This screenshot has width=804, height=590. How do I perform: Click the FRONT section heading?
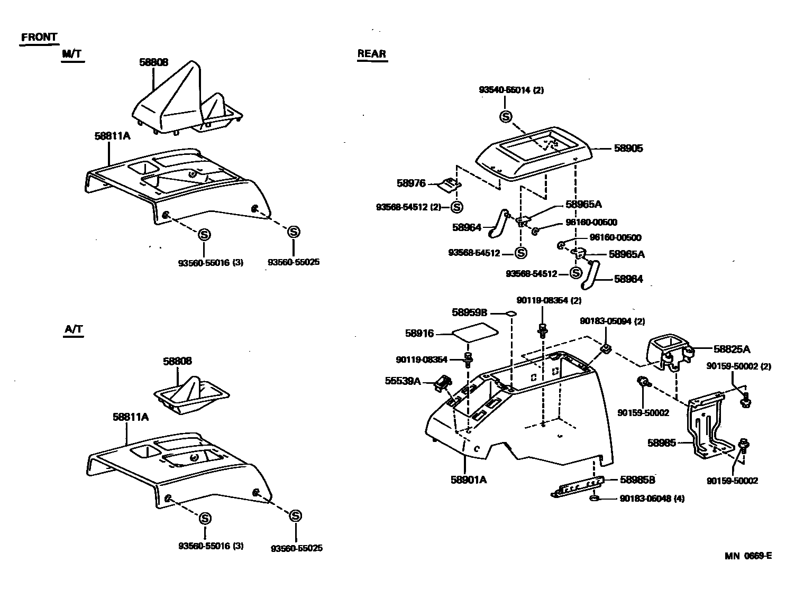tap(39, 37)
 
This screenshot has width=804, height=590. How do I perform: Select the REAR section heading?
tap(372, 53)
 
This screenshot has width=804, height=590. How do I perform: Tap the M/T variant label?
tap(72, 54)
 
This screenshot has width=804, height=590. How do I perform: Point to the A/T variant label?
tap(74, 329)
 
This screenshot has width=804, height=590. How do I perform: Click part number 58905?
tap(628, 149)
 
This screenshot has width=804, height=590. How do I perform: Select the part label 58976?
tap(411, 183)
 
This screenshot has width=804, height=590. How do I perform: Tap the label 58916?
tap(419, 334)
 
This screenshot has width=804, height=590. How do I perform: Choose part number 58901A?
tap(469, 480)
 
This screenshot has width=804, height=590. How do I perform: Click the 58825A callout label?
tap(732, 349)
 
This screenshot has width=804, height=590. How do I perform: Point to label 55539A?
tap(403, 381)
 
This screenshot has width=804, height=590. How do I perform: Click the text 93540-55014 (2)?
tap(511, 90)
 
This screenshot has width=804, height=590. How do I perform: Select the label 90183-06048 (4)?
tap(652, 499)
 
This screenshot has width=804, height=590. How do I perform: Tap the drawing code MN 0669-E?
tap(748, 556)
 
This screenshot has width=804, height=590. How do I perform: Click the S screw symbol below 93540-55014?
tap(506, 117)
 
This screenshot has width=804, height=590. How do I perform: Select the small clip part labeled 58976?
tap(451, 185)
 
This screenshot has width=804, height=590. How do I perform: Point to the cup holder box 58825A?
tap(668, 351)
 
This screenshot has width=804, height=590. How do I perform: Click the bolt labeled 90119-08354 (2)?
tap(543, 329)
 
